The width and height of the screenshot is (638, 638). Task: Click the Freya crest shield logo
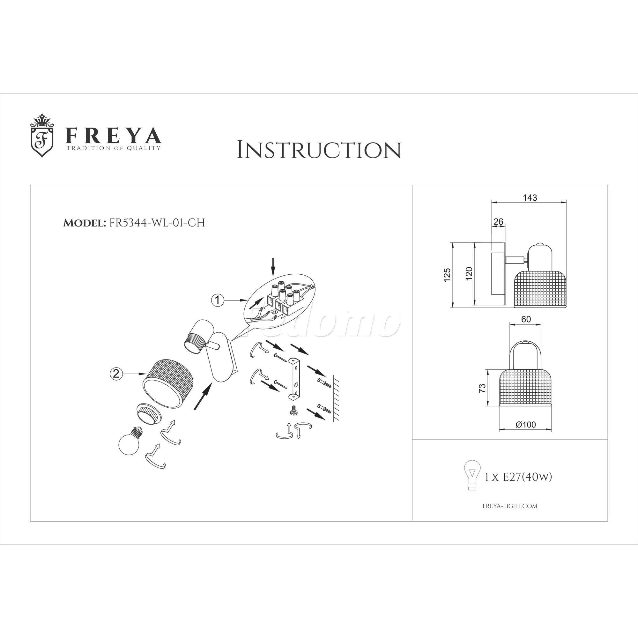click(x=42, y=135)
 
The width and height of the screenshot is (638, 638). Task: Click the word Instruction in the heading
click(x=319, y=150)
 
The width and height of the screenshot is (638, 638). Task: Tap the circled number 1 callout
click(x=217, y=300)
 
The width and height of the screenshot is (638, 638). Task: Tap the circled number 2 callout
click(x=115, y=374)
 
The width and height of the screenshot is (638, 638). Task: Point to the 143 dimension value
click(x=530, y=197)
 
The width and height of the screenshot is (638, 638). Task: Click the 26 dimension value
click(x=498, y=222)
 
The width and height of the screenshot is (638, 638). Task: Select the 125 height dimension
click(x=447, y=275)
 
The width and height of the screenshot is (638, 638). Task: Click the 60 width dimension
click(x=526, y=319)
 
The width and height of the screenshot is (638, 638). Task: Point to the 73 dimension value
click(x=482, y=388)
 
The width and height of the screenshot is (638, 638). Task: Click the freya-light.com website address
click(x=510, y=506)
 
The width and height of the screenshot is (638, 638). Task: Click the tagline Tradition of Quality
click(x=114, y=148)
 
